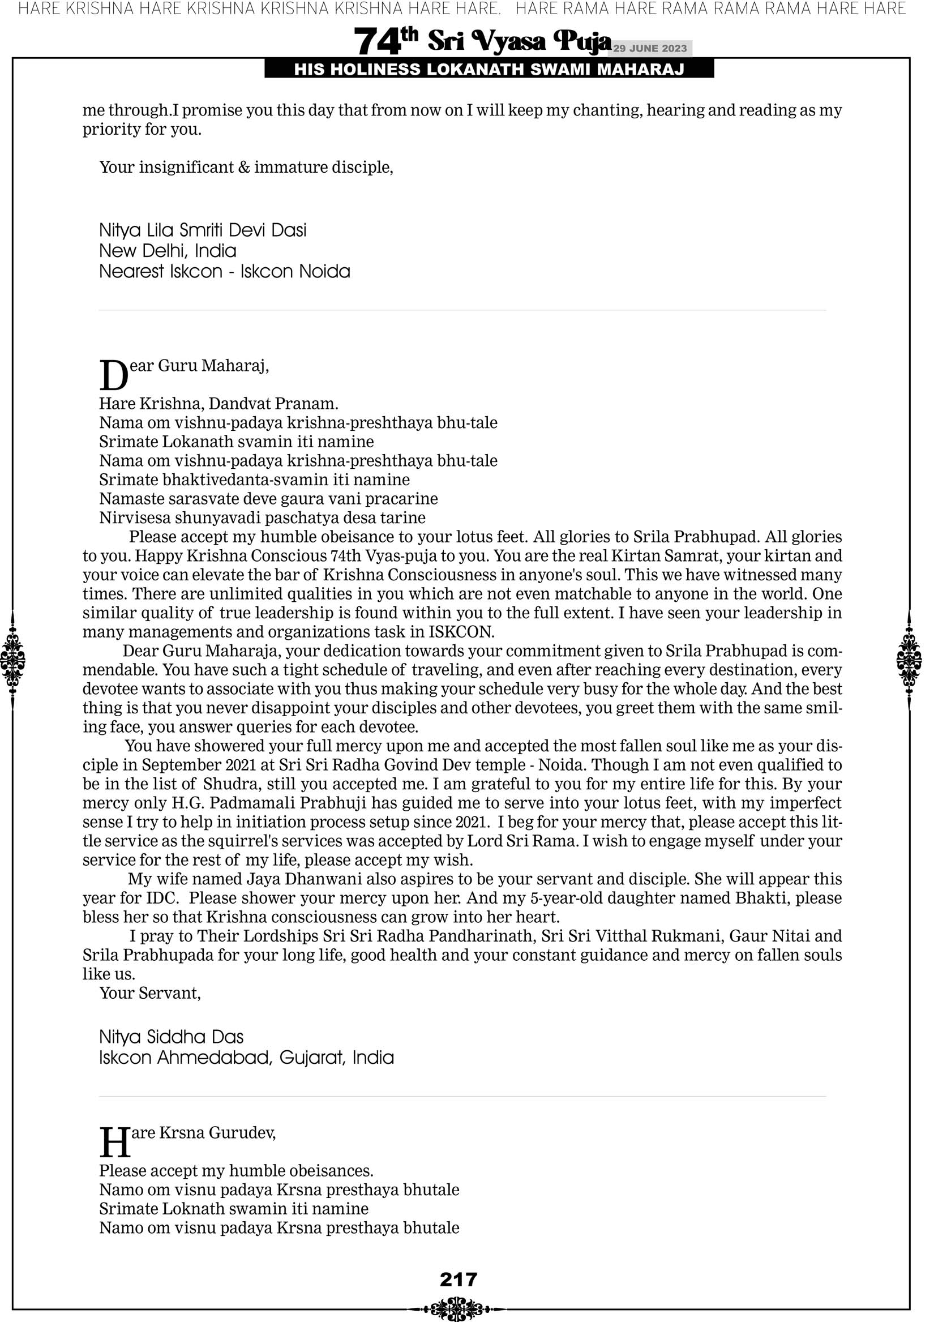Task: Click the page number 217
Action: coord(459,1280)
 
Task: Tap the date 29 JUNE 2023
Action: coord(649,48)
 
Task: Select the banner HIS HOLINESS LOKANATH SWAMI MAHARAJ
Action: coord(489,70)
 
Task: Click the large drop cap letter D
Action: coord(113,375)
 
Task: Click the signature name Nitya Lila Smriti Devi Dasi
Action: coord(203,230)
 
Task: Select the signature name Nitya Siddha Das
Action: coord(171,1037)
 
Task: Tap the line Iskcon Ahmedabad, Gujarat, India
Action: coord(246,1058)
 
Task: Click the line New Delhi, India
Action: coord(168,251)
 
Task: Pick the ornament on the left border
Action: coord(12,660)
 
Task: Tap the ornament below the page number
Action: coord(457,1308)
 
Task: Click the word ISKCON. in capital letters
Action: coord(461,632)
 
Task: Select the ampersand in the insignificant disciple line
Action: coord(244,168)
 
